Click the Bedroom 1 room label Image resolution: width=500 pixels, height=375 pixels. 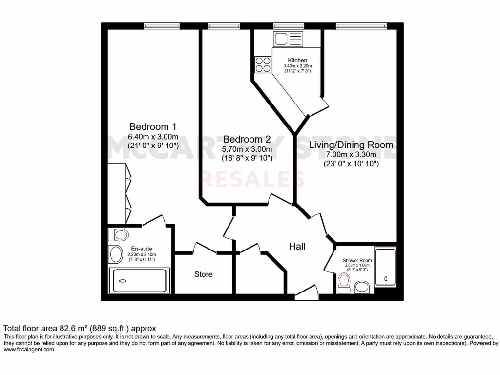click(153, 126)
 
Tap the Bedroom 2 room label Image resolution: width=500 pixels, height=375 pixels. click(247, 139)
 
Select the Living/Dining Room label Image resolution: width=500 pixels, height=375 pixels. click(351, 145)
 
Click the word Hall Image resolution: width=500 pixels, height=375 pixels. click(297, 247)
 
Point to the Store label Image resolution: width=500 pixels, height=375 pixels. click(203, 274)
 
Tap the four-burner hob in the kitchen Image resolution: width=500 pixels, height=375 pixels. click(263, 64)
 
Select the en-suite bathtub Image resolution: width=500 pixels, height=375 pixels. click(140, 280)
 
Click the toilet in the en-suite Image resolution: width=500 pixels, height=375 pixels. click(118, 235)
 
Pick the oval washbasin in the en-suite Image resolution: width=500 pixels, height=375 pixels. click(116, 254)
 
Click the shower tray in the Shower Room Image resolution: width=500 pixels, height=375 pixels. click(386, 267)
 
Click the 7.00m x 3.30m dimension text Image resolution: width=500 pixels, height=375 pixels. click(351, 155)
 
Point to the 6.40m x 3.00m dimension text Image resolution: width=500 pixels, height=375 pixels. click(153, 136)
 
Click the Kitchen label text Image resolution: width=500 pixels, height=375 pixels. click(297, 60)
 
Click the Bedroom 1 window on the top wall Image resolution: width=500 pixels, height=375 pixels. click(162, 26)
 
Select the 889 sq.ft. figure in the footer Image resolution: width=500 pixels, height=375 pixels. click(105, 328)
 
